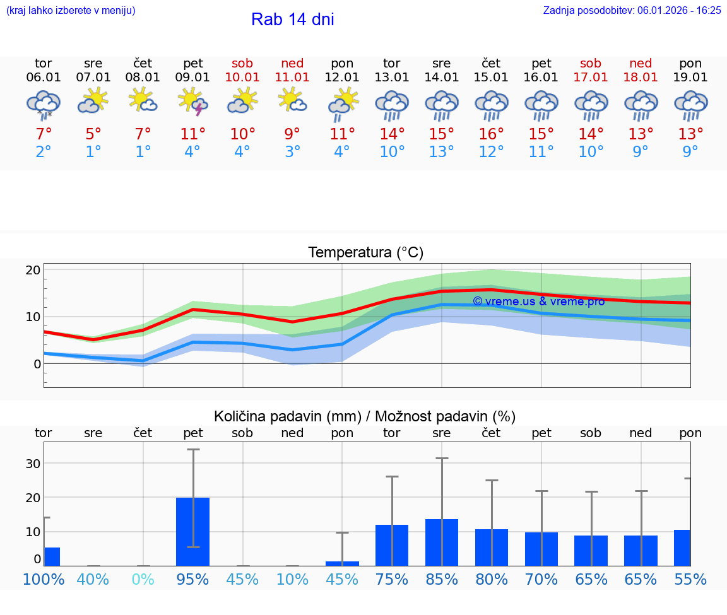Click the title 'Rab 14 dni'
[292, 20]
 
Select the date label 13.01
[392, 78]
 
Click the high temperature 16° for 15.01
[492, 134]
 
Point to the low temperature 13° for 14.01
[442, 152]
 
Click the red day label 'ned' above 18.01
[641, 63]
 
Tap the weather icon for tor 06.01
[44, 104]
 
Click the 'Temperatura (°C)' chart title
[365, 253]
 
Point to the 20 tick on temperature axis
[33, 270]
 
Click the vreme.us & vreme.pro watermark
[538, 302]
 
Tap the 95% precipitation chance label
[193, 579]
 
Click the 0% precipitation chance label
[143, 579]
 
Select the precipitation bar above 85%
[442, 542]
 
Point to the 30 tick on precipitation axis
[33, 464]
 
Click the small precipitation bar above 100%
[52, 556]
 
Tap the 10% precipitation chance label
[292, 579]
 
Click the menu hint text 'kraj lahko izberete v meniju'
[71, 10]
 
